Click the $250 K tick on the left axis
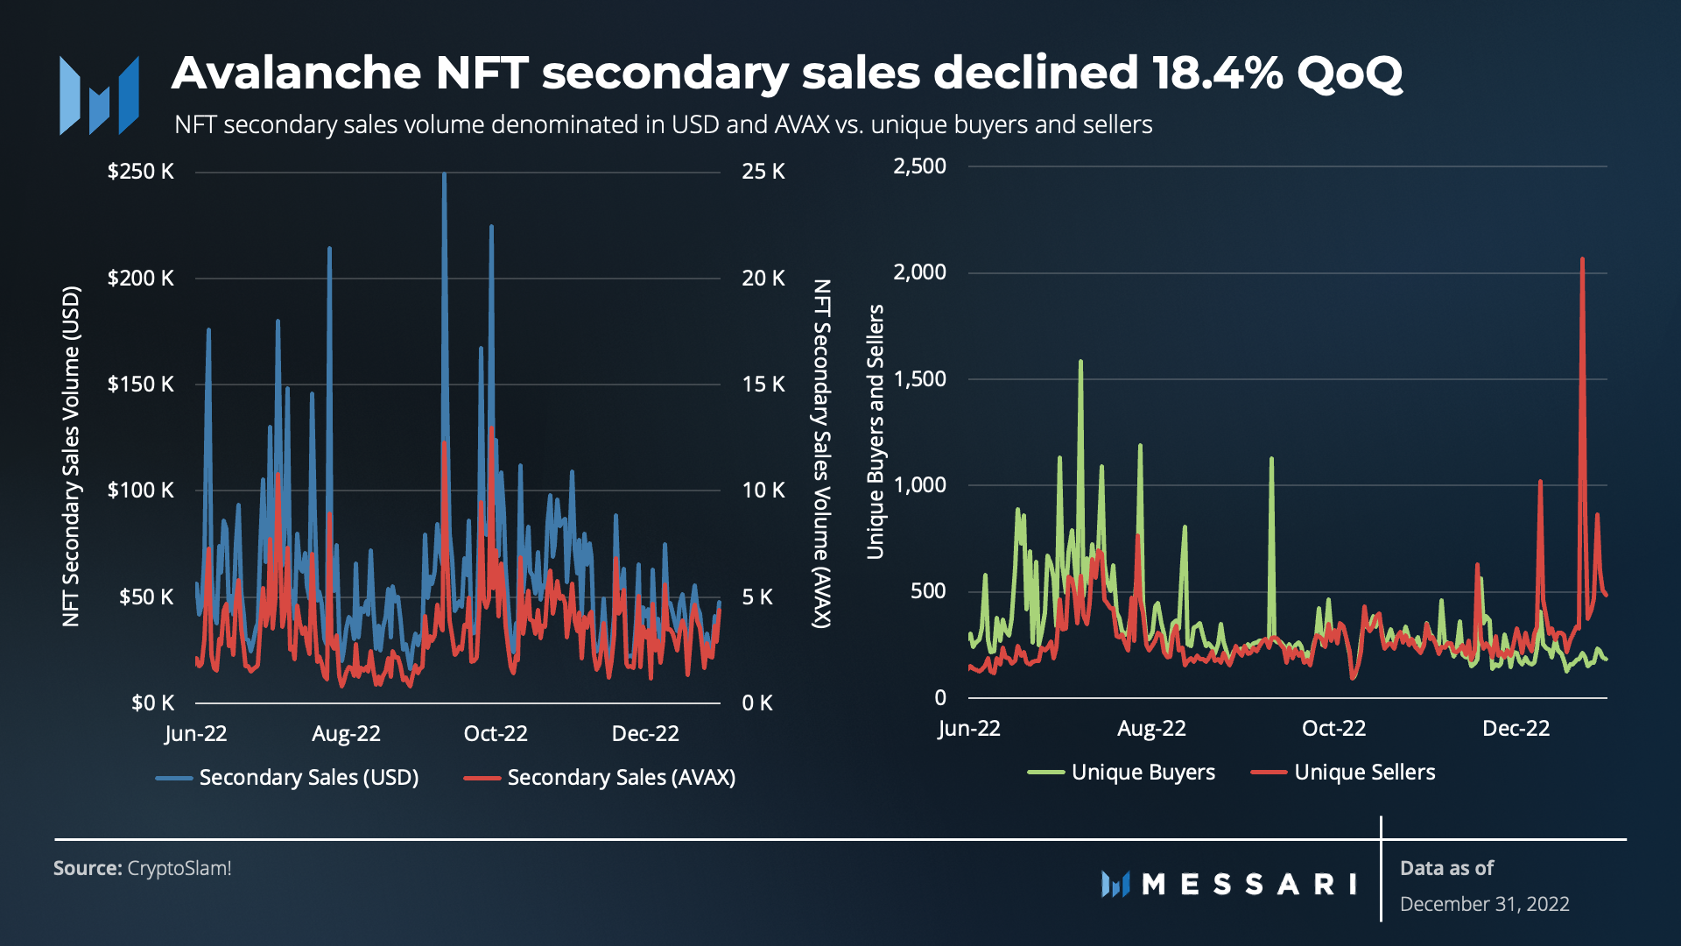(x=140, y=171)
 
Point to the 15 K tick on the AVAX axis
(x=763, y=384)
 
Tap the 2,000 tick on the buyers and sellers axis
(x=919, y=272)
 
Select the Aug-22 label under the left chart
(x=346, y=734)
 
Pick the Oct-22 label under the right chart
(x=1333, y=729)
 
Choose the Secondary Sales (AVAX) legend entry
(x=600, y=778)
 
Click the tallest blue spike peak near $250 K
(x=444, y=174)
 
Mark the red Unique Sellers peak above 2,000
(x=1582, y=259)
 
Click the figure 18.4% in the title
(x=1217, y=73)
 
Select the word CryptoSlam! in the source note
(x=179, y=868)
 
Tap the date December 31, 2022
(x=1484, y=904)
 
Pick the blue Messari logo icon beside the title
(x=99, y=96)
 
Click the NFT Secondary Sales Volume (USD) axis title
(x=71, y=455)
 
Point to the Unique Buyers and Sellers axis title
(x=876, y=432)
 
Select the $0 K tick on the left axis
(x=152, y=702)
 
